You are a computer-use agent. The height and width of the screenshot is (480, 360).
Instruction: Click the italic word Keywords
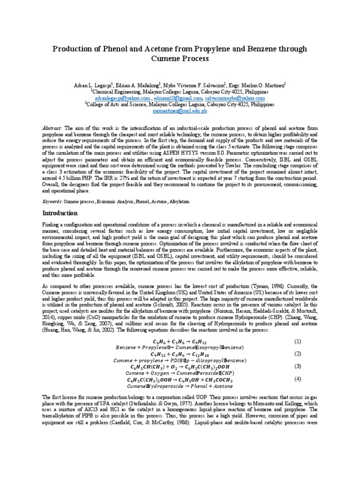tap(52, 201)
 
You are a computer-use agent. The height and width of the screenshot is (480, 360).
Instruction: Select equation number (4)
tap(297, 378)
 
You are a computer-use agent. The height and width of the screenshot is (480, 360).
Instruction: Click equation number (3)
tap(297, 366)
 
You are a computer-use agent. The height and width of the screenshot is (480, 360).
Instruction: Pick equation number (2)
tap(297, 353)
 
